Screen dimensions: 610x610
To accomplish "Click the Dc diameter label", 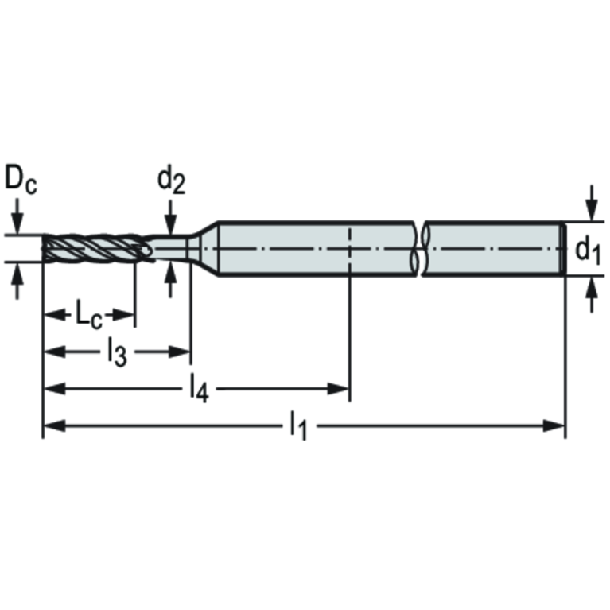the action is (20, 180).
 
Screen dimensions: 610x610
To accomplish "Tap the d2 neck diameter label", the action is (170, 181).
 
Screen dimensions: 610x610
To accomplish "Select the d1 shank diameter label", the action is (588, 251).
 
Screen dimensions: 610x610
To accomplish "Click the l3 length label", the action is (117, 352).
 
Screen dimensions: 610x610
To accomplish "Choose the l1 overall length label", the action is (297, 425).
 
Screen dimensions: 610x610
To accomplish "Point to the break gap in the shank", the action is (419, 248).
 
